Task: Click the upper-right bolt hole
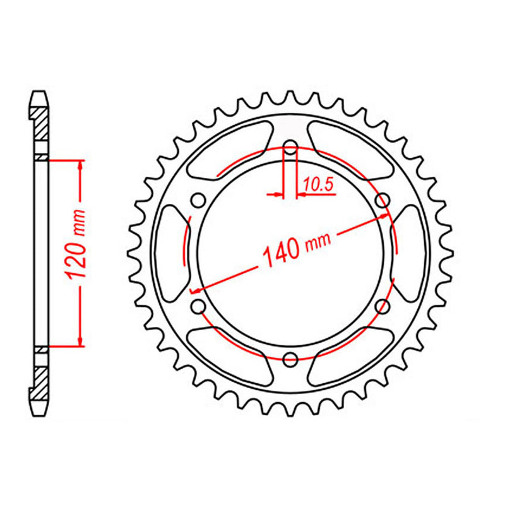click(382, 201)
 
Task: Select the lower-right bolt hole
click(382, 307)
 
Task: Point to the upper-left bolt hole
click(198, 201)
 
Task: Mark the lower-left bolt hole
click(198, 307)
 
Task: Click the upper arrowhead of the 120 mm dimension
click(80, 165)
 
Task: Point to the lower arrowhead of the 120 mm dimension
click(80, 342)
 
